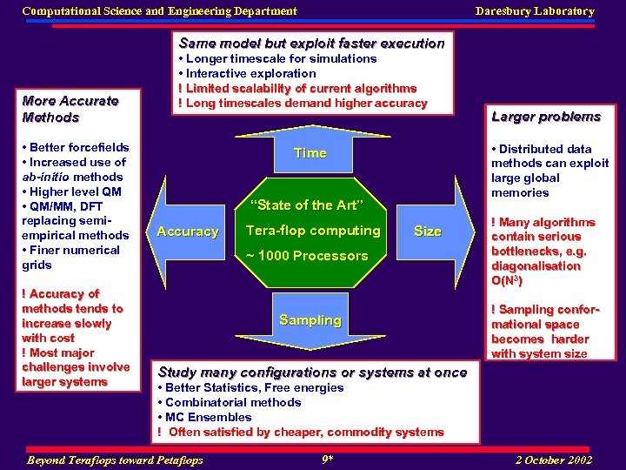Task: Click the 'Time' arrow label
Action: tap(310, 153)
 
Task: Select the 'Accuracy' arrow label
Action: tap(187, 232)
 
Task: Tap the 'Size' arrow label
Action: tap(427, 232)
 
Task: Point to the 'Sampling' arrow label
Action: tap(310, 320)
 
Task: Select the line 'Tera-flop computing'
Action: tap(313, 231)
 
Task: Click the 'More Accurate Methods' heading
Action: tap(70, 109)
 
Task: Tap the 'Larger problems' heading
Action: tap(545, 117)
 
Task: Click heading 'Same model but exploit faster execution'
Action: tap(311, 44)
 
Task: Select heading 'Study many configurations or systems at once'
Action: tap(312, 373)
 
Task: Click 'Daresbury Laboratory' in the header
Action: tap(535, 11)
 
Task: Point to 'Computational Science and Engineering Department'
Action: tap(159, 11)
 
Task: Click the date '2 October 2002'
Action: tap(554, 460)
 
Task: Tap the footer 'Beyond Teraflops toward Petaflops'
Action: tap(116, 460)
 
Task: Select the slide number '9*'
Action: tap(327, 459)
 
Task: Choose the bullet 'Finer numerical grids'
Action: tap(71, 258)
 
